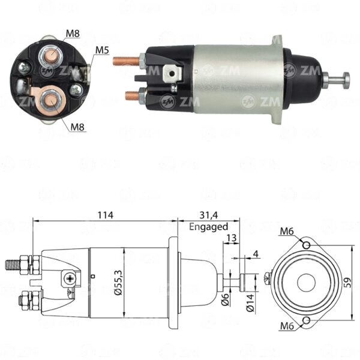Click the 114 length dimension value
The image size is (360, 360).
point(106,215)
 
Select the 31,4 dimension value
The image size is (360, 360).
point(208,215)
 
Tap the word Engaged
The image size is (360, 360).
point(208,227)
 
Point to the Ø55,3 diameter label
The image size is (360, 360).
point(119,283)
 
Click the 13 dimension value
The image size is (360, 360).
point(232,238)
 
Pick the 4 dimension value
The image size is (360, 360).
point(256,254)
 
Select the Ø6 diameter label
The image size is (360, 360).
point(225,299)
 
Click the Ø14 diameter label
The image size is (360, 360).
point(250,303)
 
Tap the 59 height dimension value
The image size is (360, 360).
point(347,283)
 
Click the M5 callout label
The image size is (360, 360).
point(102,50)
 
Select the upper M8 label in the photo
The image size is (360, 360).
point(73,34)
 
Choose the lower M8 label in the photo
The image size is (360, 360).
point(77,127)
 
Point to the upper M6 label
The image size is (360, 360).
point(287,232)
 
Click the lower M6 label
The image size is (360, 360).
point(287,326)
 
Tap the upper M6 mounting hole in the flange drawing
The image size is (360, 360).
point(306,245)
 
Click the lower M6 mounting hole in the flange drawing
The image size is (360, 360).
point(306,320)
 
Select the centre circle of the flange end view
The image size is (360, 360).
point(306,283)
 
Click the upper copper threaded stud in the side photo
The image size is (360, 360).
point(126,61)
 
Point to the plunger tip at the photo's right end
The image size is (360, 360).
point(346,80)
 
